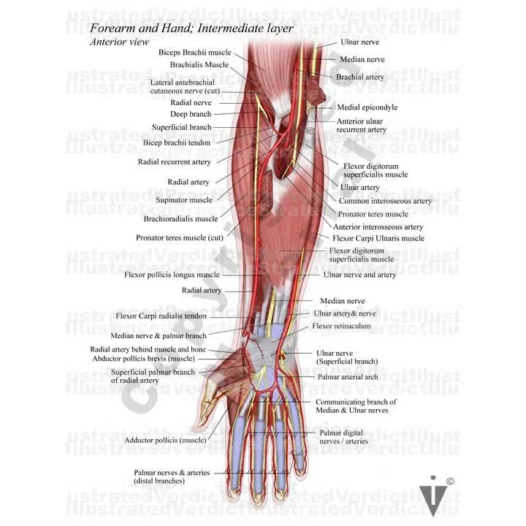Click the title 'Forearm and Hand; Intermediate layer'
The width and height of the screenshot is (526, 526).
(191, 28)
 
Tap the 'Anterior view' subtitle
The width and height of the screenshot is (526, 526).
(119, 42)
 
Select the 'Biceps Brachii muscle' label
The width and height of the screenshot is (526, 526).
(194, 53)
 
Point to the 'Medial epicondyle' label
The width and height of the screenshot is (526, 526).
(367, 107)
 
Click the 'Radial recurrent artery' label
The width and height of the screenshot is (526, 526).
(175, 161)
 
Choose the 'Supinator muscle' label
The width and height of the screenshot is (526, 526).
(184, 199)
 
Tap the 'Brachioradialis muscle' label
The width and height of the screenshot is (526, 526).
(181, 218)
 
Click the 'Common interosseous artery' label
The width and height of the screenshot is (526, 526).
(385, 201)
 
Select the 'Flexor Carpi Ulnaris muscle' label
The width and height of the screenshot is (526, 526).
(378, 238)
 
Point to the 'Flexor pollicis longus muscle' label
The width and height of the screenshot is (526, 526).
(172, 275)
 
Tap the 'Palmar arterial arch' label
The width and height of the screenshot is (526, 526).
(348, 377)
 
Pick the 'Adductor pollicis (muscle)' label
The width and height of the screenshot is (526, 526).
(165, 440)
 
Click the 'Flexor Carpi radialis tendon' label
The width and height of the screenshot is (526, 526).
(161, 316)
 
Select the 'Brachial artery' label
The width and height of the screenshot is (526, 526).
(359, 77)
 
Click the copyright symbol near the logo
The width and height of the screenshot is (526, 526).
(451, 481)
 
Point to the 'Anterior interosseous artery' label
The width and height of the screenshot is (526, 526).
(378, 227)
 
